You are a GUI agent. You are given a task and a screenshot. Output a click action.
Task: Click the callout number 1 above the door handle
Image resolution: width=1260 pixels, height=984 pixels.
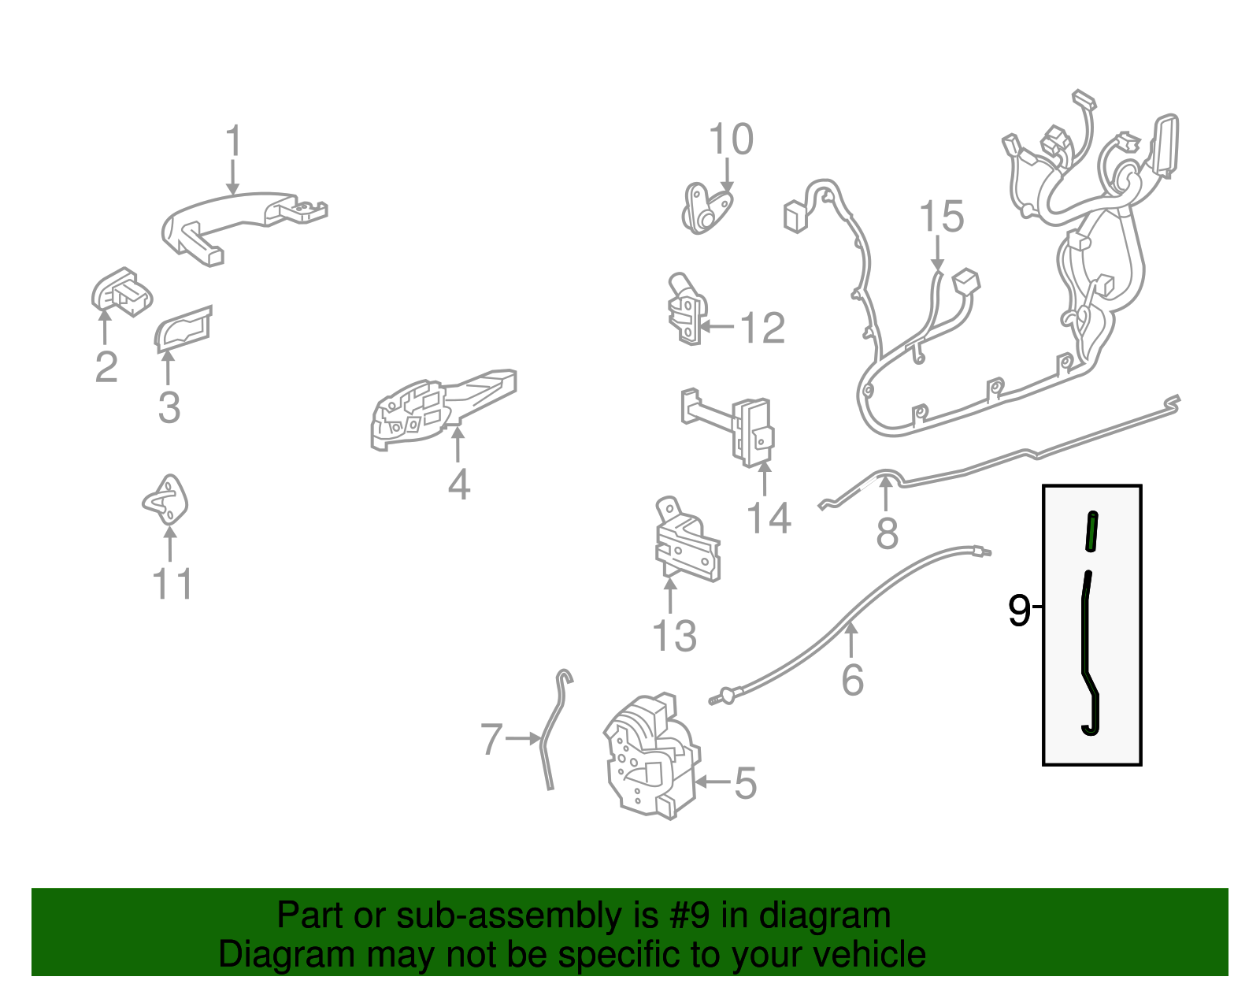[x=234, y=139]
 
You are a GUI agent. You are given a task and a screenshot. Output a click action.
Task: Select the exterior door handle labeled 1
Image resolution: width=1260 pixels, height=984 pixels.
[x=243, y=227]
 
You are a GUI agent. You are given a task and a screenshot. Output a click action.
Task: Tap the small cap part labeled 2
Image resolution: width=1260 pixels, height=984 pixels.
[x=122, y=291]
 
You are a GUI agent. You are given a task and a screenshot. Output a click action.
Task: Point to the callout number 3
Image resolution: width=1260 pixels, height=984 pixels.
[x=169, y=407]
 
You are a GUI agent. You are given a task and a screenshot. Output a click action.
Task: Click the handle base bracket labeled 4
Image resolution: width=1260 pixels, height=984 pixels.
[x=443, y=409]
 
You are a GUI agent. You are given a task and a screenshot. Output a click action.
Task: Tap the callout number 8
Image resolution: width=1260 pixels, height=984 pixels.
[x=888, y=533]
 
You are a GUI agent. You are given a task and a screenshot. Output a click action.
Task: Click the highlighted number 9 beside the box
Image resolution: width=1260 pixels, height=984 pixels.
[x=1019, y=610]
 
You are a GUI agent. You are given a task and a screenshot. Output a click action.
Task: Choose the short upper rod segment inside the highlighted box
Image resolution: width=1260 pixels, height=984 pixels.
[x=1091, y=531]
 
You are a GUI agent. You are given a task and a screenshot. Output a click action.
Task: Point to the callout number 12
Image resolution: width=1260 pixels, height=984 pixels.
[x=763, y=328]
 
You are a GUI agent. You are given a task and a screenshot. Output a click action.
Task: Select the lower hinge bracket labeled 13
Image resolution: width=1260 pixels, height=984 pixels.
[x=687, y=540]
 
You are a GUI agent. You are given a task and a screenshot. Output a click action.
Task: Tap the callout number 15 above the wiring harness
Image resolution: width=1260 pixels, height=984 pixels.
[x=942, y=217]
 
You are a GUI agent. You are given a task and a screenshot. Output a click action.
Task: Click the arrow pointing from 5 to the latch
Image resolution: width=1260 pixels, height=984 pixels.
[x=713, y=782]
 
